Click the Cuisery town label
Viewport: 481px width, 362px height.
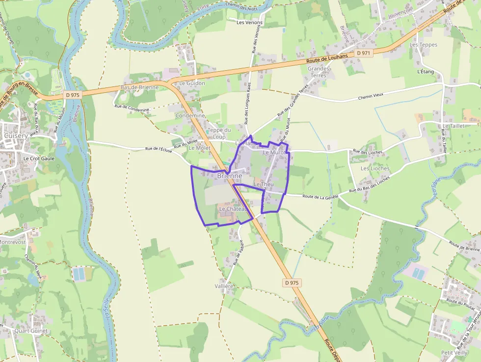tap(15, 136)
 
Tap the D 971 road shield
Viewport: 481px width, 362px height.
tap(364, 53)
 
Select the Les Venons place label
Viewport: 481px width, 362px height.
tap(249, 23)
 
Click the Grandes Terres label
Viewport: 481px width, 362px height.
tap(319, 72)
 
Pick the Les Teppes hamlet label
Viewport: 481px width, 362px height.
tap(423, 45)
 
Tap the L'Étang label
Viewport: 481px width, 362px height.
tap(426, 72)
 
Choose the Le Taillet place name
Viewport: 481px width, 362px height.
tap(453, 126)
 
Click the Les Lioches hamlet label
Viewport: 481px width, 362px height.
tap(375, 168)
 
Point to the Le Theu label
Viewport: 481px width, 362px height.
tap(263, 184)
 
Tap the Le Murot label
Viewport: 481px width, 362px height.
tap(274, 153)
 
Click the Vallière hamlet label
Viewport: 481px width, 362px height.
tap(224, 286)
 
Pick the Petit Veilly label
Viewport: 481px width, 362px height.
tap(454, 353)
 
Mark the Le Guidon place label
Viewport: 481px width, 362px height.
tap(192, 84)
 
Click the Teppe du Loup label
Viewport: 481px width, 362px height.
tap(219, 133)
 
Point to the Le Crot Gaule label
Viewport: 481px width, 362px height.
tap(39, 159)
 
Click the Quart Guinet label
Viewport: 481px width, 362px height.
tap(31, 331)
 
